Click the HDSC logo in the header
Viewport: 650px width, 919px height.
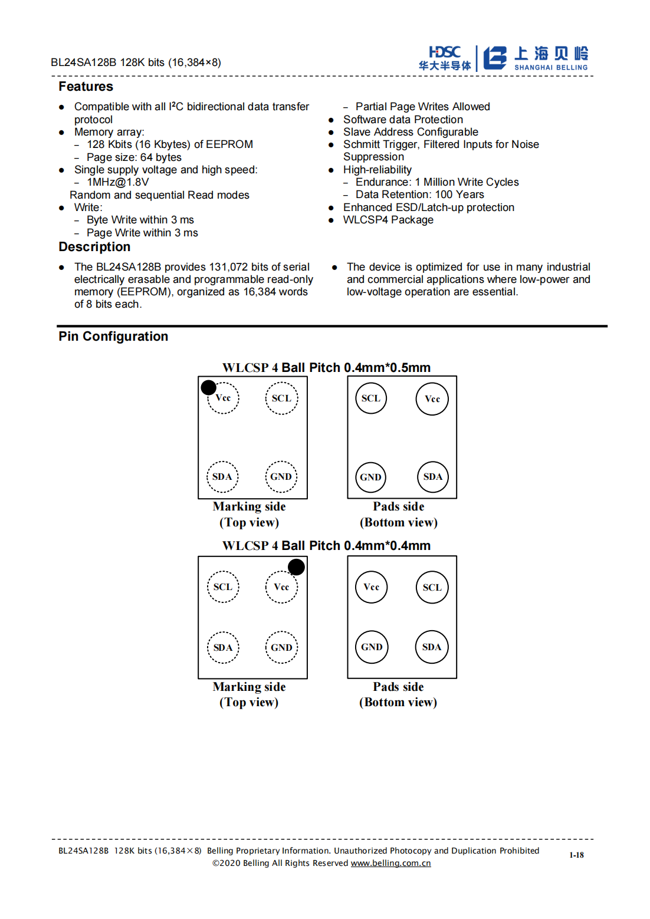coord(445,58)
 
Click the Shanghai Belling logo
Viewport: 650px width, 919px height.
coord(536,58)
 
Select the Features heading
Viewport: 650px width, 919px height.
coord(86,87)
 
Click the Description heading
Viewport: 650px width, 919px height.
coord(94,247)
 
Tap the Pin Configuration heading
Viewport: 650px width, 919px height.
coord(113,337)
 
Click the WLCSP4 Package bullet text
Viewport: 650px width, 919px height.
coord(388,220)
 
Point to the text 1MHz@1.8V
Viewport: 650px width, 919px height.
coord(118,182)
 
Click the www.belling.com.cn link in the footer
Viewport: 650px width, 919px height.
coord(390,863)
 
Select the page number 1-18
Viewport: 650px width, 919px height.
coord(576,855)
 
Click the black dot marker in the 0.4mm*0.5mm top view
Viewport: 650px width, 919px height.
coord(209,387)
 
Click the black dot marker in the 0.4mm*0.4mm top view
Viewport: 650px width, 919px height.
coord(296,567)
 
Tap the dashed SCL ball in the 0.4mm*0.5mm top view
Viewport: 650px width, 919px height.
coord(281,398)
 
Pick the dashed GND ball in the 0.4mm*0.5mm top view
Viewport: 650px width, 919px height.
coord(281,477)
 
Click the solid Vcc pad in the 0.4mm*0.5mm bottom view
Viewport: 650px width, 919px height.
coord(432,399)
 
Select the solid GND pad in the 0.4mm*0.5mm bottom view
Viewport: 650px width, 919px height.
coord(370,477)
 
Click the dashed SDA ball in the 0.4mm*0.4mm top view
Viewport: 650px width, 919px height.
coord(223,647)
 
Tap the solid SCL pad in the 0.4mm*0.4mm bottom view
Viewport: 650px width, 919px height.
coord(432,587)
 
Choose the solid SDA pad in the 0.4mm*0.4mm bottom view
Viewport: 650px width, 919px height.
coord(432,647)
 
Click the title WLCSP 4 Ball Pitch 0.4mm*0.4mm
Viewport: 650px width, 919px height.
coord(326,546)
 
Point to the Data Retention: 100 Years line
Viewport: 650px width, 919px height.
coord(419,195)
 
